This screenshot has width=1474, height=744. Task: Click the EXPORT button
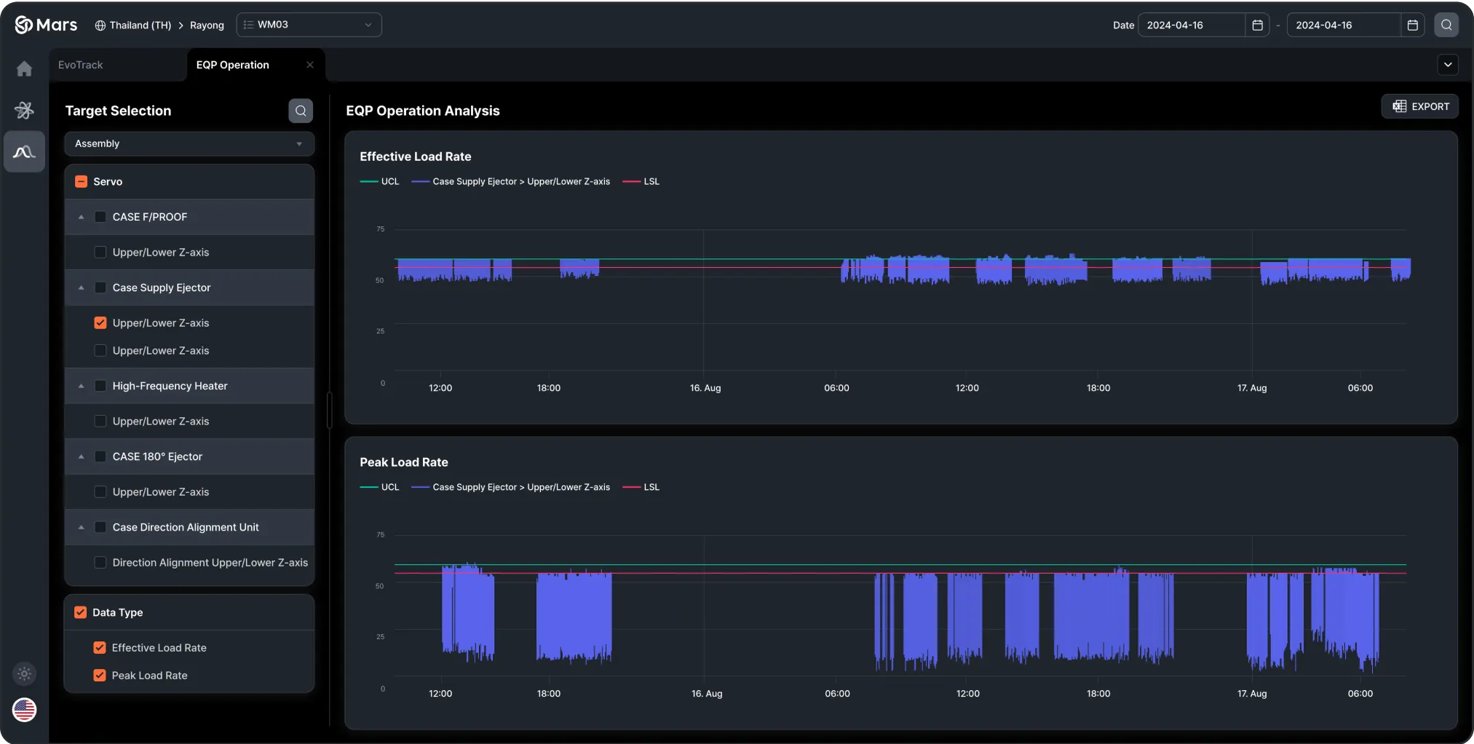click(x=1420, y=106)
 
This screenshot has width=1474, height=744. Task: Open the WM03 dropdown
click(x=309, y=25)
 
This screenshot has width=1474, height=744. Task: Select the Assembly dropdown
click(x=189, y=143)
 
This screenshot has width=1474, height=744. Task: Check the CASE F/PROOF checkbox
click(x=100, y=217)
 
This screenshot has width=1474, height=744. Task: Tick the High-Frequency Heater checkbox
click(x=100, y=386)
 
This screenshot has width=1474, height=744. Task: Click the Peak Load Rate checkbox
click(x=100, y=676)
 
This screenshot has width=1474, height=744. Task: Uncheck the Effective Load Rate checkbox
click(x=100, y=648)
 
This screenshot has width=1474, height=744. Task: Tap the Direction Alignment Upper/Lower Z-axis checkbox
click(x=100, y=563)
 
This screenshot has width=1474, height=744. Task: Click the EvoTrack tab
click(x=81, y=65)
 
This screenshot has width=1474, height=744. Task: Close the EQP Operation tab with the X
click(x=310, y=65)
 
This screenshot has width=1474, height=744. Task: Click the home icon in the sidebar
click(x=24, y=68)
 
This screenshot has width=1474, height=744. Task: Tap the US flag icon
click(x=24, y=710)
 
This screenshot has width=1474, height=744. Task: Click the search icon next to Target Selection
click(x=301, y=111)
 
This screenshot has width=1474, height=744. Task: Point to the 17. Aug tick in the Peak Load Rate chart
click(x=1252, y=694)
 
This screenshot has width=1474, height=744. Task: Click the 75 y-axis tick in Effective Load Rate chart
click(x=380, y=229)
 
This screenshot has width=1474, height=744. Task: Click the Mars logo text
click(x=56, y=25)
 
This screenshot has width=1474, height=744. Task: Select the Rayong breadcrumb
click(x=207, y=25)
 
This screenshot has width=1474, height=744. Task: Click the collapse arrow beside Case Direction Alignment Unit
click(x=82, y=527)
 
